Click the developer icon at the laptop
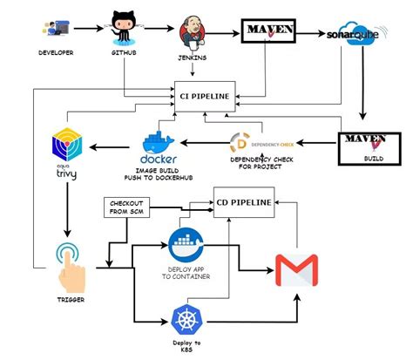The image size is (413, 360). pos(55,30)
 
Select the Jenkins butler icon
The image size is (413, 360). pos(195,31)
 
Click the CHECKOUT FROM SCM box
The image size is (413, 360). pos(125,208)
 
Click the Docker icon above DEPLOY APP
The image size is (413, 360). pos(184,241)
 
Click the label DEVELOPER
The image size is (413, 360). pos(55,53)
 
